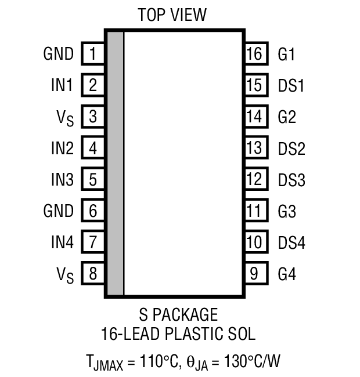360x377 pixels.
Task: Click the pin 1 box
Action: [x=92, y=55]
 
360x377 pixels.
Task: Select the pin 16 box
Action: [x=254, y=55]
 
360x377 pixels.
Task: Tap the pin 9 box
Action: [x=254, y=273]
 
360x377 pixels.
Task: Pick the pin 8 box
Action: [x=92, y=273]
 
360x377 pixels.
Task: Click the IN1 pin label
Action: [x=62, y=86]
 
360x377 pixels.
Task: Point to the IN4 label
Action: [x=62, y=242]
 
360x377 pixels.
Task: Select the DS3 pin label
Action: [x=291, y=180]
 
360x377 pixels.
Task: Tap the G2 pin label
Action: [x=287, y=117]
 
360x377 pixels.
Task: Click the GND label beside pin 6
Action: [x=59, y=211]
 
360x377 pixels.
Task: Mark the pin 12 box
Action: [x=254, y=179]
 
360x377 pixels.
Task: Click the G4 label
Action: [x=287, y=273]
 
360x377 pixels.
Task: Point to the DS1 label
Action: [x=291, y=86]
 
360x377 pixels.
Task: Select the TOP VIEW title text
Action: [x=172, y=14]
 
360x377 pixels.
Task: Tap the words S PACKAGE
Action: [x=178, y=315]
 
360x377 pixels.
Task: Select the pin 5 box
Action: [x=92, y=179]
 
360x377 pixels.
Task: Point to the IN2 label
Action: [x=62, y=148]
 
